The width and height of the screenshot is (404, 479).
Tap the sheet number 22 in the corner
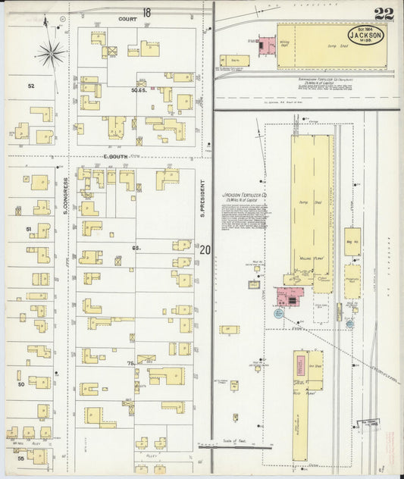tap(383, 14)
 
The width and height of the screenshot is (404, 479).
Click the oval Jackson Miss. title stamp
tap(365, 35)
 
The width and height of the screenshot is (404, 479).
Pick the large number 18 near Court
tap(146, 13)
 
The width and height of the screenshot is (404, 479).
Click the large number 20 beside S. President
tap(205, 249)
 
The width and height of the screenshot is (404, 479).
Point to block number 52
tap(31, 86)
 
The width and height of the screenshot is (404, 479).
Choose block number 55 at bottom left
tap(21, 459)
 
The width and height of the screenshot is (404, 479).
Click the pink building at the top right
tap(266, 45)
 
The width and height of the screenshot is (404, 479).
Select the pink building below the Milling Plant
tap(289, 296)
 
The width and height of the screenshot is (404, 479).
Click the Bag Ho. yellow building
tap(352, 241)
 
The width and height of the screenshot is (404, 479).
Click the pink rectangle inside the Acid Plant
tap(301, 362)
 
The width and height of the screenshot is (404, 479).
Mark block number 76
tap(131, 363)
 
